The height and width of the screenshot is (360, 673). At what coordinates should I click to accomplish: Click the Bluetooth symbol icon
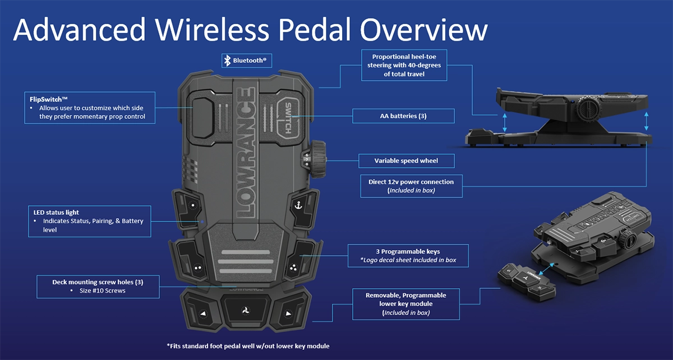pyautogui.click(x=228, y=61)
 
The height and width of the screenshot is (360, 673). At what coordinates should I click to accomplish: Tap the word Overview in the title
pyautogui.click(x=423, y=30)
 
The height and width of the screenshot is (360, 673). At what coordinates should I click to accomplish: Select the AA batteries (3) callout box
pyautogui.click(x=403, y=116)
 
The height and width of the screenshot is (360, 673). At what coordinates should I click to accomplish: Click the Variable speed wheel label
pyautogui.click(x=406, y=161)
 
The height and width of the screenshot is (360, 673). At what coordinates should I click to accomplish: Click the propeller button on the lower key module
pyautogui.click(x=246, y=311)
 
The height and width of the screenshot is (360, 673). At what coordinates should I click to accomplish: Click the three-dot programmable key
pyautogui.click(x=293, y=267)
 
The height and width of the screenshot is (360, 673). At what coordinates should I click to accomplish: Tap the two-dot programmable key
pyautogui.click(x=197, y=267)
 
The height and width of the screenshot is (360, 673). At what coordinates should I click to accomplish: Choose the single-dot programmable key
pyautogui.click(x=193, y=206)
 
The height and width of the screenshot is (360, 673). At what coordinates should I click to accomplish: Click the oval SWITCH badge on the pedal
pyautogui.click(x=288, y=118)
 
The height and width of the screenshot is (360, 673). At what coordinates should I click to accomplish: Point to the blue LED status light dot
pyautogui.click(x=202, y=221)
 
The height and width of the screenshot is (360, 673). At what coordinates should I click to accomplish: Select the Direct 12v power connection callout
pyautogui.click(x=411, y=186)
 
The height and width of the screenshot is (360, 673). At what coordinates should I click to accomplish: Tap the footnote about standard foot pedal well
pyautogui.click(x=248, y=346)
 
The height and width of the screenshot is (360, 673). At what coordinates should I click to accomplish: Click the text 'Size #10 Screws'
pyautogui.click(x=103, y=290)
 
